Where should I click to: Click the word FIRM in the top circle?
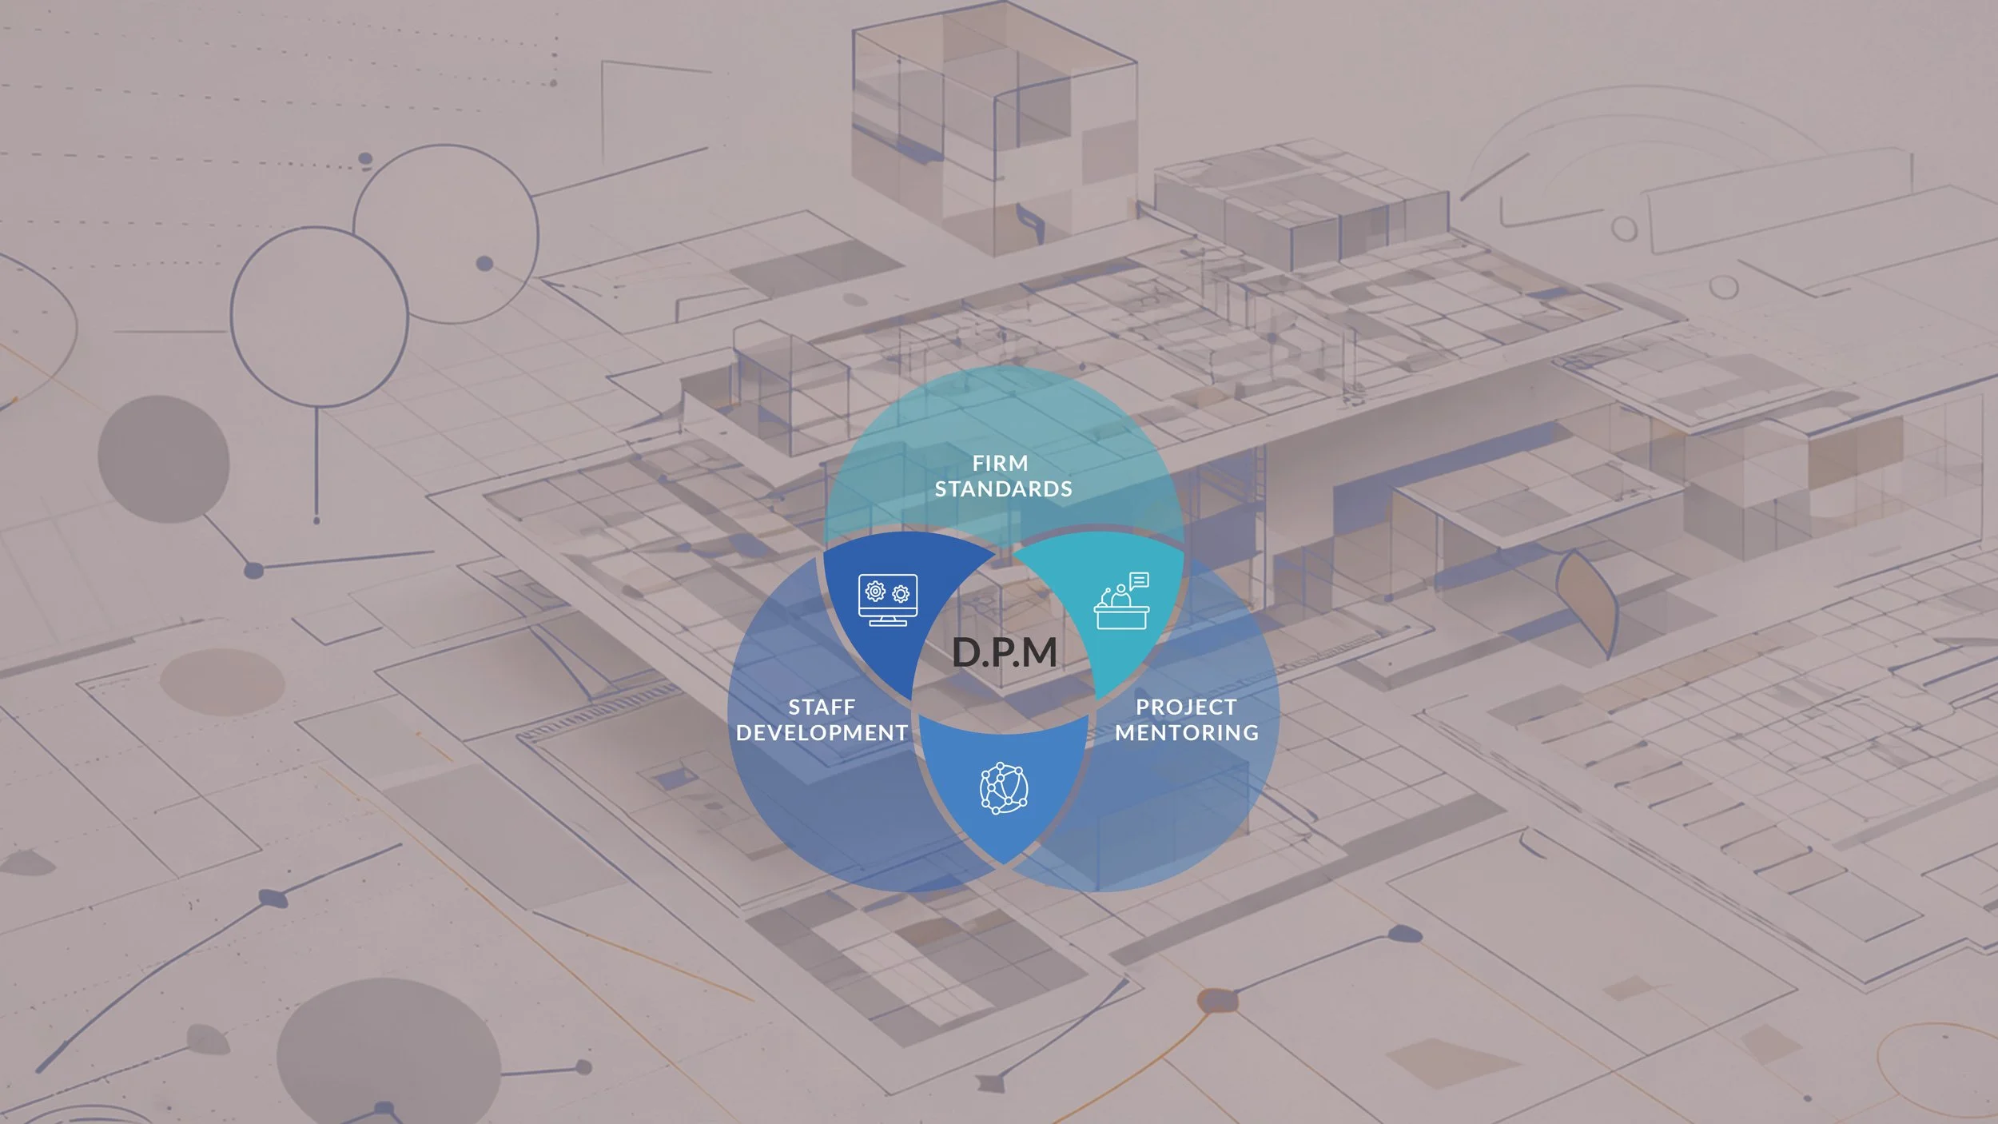[1000, 463]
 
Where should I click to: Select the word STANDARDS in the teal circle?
[1003, 488]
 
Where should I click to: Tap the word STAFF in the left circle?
[822, 707]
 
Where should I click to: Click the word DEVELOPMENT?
[822, 732]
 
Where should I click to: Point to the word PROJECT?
[1186, 707]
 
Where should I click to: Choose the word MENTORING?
[1187, 732]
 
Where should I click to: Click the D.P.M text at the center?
[1005, 652]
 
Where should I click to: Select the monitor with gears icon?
[887, 600]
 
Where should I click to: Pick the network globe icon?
[1004, 788]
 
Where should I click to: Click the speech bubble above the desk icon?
[1140, 580]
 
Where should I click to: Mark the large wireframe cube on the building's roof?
[993, 128]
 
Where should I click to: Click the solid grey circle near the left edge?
[163, 459]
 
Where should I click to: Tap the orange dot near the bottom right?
[1216, 999]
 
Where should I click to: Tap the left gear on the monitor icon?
[875, 592]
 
